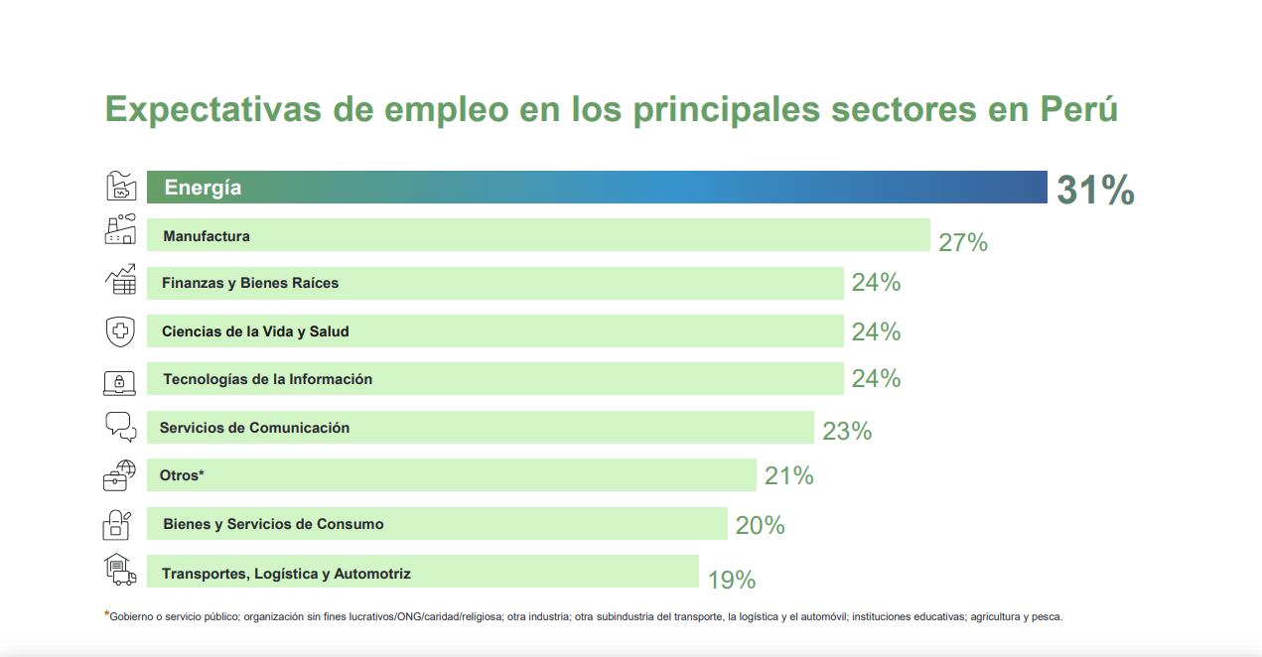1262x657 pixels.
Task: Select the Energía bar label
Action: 203,188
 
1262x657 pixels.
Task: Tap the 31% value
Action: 1095,191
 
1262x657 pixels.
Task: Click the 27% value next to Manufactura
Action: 963,242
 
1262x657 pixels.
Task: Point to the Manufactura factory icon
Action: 120,229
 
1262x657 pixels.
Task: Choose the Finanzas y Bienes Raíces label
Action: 250,283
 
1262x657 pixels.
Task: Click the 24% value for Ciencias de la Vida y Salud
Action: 876,331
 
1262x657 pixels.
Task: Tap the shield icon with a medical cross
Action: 120,330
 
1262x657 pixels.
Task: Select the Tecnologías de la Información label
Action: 267,379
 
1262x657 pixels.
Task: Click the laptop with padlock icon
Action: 120,381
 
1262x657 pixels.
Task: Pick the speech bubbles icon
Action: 120,427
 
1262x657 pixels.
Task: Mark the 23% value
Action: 847,431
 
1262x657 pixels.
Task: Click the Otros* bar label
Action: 182,475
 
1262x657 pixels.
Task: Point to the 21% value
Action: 789,476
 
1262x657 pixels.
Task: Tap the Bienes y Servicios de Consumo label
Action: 273,524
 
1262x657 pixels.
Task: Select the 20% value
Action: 761,526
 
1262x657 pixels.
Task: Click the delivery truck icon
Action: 120,569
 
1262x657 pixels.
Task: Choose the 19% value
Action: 732,580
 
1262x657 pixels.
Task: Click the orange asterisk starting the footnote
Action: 106,614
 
